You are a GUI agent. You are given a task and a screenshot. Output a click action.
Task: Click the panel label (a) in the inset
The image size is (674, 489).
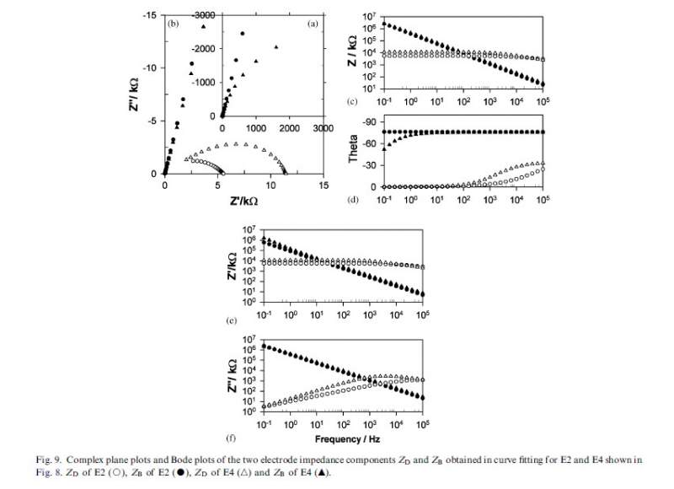[x=312, y=24]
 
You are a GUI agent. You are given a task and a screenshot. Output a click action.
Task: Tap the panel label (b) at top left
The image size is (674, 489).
[x=174, y=24]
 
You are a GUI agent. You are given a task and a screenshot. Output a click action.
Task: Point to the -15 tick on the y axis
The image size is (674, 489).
[x=148, y=15]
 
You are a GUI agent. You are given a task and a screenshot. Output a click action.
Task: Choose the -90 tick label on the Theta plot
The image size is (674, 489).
[x=368, y=122]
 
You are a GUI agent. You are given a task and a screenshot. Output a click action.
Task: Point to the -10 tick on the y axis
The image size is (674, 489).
[x=148, y=68]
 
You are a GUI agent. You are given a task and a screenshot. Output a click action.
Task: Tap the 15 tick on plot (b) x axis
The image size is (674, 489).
[x=323, y=185]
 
